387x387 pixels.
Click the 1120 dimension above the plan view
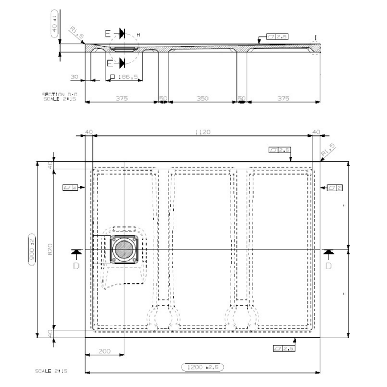203,132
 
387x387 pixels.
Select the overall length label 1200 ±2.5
202,367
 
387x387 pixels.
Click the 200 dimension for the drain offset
104,351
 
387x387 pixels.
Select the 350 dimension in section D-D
202,98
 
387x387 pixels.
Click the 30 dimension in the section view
75,77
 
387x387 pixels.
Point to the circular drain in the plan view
124,250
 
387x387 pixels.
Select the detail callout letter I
316,38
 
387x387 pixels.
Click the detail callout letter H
138,35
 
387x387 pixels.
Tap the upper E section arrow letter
108,34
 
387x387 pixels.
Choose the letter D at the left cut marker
76,266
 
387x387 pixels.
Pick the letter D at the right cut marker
328,266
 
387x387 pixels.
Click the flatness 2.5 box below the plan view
284,348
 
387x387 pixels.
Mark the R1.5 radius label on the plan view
328,150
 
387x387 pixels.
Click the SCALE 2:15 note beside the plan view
51,371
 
